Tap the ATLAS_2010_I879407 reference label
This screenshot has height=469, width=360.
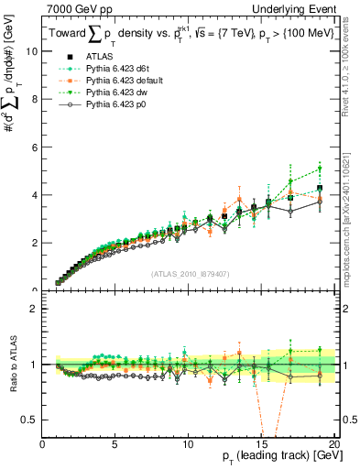click(x=189, y=272)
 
